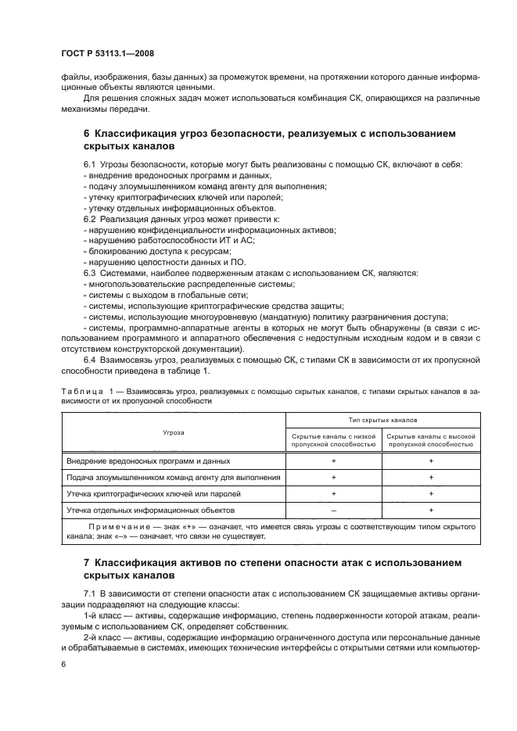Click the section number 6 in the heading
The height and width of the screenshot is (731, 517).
[x=86, y=134]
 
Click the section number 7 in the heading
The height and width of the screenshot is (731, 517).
[x=86, y=562]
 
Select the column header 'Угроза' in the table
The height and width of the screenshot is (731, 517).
[x=173, y=431]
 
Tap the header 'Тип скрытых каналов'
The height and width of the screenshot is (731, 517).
[x=382, y=420]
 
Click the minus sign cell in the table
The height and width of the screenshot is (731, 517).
[x=333, y=510]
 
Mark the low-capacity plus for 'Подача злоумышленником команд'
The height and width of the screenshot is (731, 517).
[x=333, y=477]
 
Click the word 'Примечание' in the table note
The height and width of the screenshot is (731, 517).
[x=117, y=528]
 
